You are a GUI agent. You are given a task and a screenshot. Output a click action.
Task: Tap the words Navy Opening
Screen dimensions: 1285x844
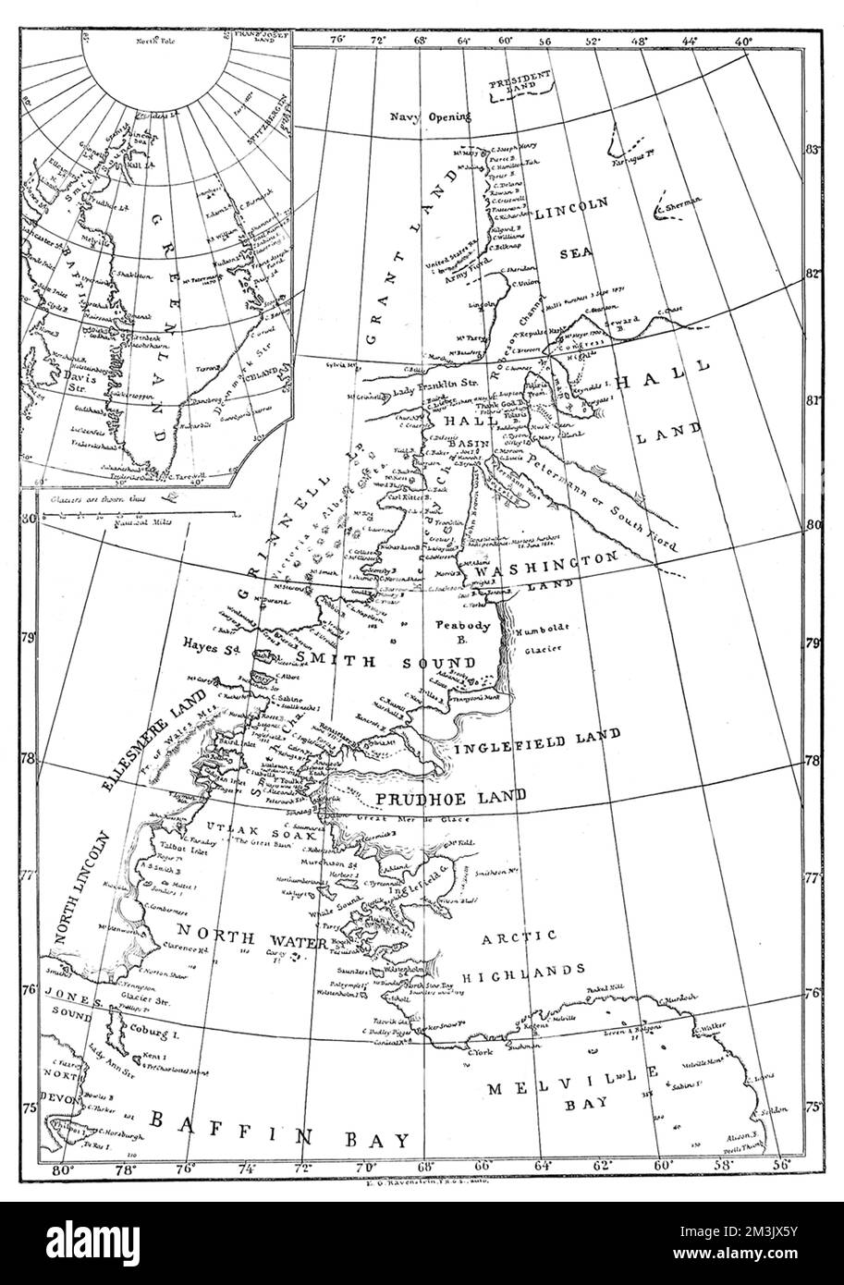(x=430, y=117)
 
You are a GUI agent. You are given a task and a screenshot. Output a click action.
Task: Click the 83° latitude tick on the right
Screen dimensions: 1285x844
(x=813, y=149)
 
